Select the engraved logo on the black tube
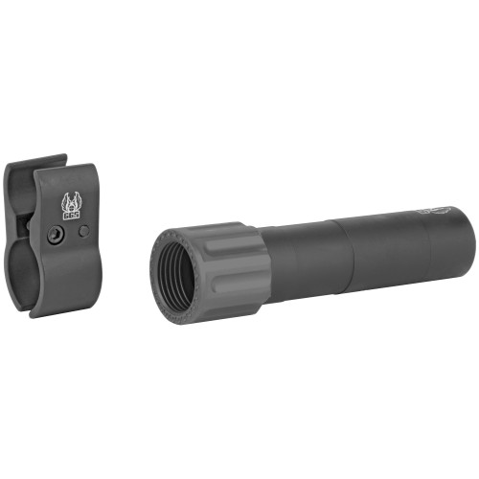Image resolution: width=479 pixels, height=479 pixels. pyautogui.click(x=443, y=211)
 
